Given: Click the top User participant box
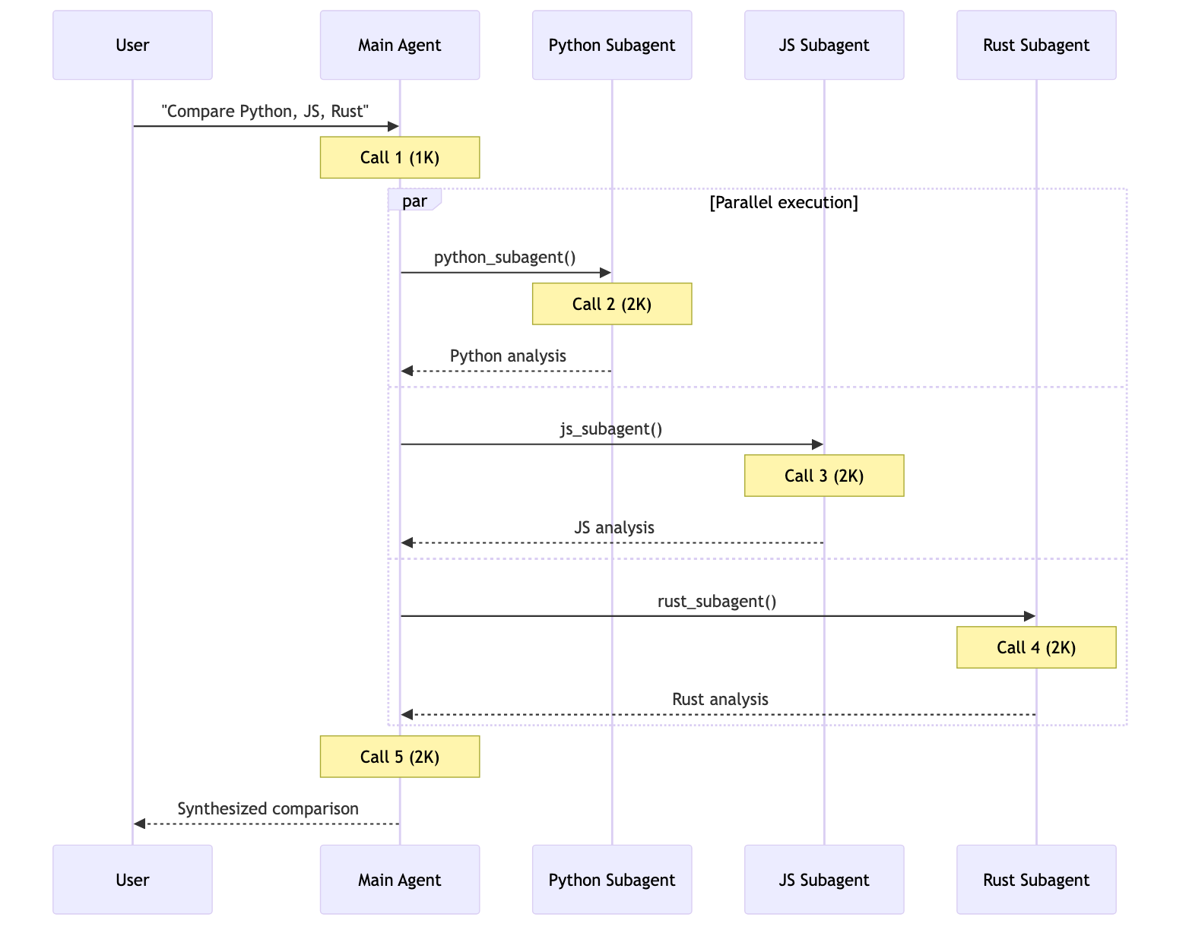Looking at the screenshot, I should click(132, 45).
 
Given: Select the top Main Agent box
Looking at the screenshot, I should click(399, 45).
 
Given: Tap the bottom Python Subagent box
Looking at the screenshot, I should click(612, 879).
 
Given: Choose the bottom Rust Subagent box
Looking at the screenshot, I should click(1036, 879).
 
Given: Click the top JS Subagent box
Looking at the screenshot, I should click(824, 45).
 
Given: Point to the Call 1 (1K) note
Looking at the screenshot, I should click(399, 157).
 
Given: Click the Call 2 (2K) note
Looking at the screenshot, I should click(612, 304).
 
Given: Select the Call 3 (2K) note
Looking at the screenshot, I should click(824, 476).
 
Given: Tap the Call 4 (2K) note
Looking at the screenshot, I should click(1036, 647).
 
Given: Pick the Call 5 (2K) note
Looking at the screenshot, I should click(399, 757).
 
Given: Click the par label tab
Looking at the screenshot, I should click(414, 201).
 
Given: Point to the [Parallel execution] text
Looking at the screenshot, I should click(783, 202).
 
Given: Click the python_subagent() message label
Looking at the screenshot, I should click(505, 258).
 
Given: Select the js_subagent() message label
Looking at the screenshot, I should click(611, 429).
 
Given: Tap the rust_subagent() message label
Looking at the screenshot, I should click(717, 601).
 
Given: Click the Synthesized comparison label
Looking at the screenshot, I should click(268, 808).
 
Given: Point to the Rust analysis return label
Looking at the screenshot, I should click(720, 699).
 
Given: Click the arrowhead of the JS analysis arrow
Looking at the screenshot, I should click(407, 542).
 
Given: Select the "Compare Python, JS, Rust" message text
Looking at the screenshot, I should click(265, 111).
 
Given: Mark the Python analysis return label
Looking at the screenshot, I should click(508, 356).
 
